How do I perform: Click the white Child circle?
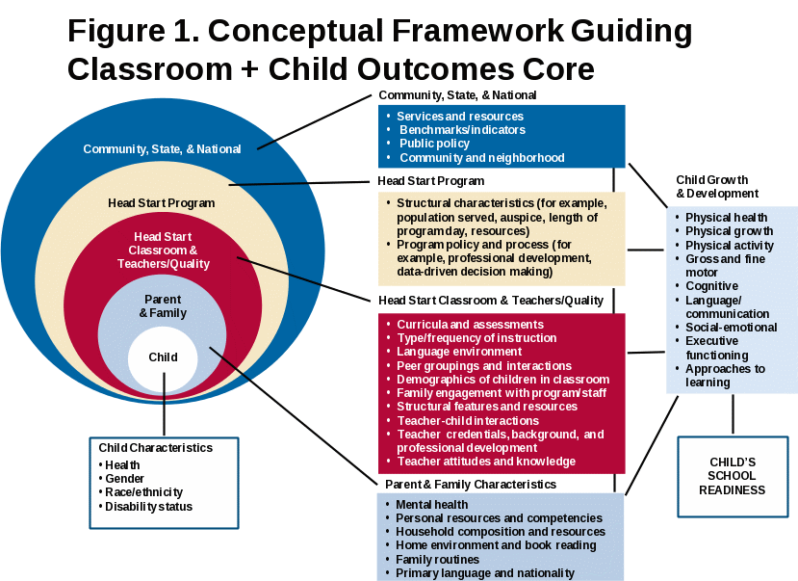click(x=163, y=357)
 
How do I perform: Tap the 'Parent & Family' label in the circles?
click(x=163, y=306)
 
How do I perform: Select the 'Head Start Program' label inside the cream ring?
click(x=161, y=203)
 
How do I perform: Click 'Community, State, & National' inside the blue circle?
click(x=162, y=149)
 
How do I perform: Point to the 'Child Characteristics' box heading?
click(x=156, y=448)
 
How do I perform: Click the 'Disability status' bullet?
click(x=148, y=507)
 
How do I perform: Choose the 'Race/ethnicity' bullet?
click(x=143, y=492)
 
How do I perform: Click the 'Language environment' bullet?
click(x=459, y=353)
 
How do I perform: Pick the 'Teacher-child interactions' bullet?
click(x=468, y=421)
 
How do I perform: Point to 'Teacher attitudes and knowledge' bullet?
click(x=486, y=462)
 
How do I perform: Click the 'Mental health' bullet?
click(x=432, y=504)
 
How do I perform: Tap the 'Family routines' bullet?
click(x=437, y=559)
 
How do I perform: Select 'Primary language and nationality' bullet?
click(x=485, y=573)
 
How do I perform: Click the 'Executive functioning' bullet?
click(x=716, y=348)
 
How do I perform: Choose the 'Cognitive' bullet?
click(x=711, y=286)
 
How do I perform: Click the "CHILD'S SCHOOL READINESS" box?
click(x=732, y=476)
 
